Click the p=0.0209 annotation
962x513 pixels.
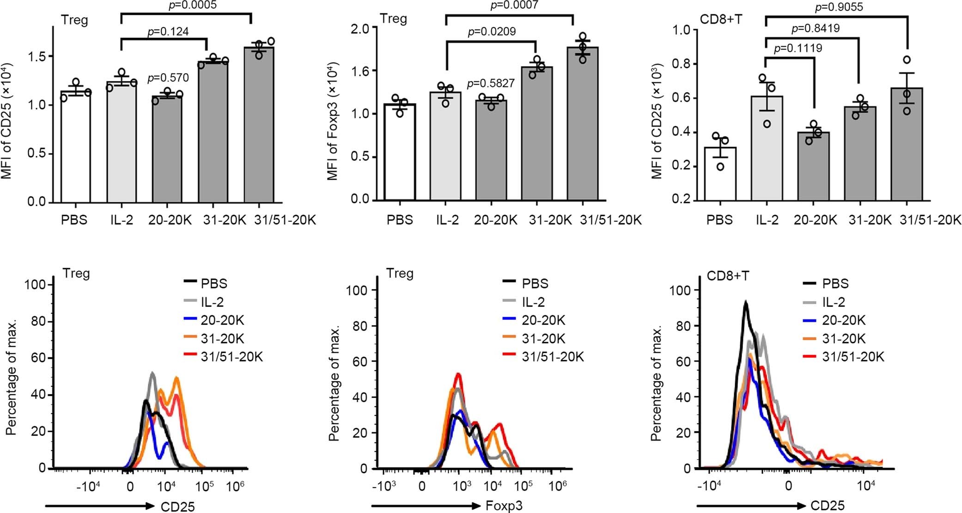[492, 31]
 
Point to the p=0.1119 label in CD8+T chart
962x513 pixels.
[798, 48]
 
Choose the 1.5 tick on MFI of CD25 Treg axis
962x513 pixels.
[37, 56]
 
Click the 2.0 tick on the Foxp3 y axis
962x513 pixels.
[360, 29]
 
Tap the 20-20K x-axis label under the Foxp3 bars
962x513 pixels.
[495, 220]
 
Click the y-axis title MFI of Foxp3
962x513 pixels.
[333, 121]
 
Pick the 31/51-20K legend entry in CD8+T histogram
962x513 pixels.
[853, 357]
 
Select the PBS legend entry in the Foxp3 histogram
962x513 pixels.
[535, 283]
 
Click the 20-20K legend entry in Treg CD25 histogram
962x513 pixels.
[222, 320]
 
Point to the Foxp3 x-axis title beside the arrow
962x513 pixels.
[504, 506]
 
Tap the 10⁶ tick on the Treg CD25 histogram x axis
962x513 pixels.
[235, 487]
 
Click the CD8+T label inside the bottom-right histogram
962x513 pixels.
[728, 276]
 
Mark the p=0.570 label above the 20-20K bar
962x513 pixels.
[168, 78]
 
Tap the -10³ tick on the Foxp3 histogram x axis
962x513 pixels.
[384, 487]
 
